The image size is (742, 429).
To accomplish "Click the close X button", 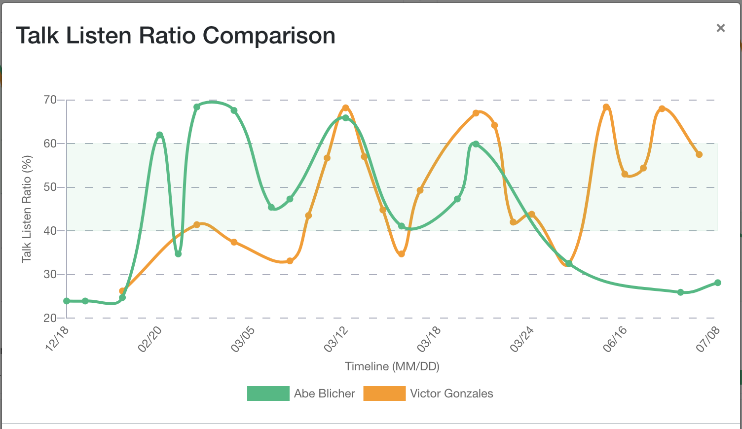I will [721, 28].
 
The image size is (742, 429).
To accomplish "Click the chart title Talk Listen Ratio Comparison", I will [176, 36].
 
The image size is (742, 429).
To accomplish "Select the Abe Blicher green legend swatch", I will [268, 393].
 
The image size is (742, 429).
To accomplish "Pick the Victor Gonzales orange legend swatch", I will [384, 393].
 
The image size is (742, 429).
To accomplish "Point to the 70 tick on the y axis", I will [50, 100].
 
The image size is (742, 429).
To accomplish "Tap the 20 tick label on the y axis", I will [50, 318].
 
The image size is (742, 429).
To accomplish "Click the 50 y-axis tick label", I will [50, 187].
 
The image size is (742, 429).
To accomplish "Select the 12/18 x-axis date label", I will [57, 339].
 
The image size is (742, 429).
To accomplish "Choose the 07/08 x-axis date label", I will [708, 339].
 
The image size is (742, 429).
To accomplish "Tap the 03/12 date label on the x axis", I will [336, 339].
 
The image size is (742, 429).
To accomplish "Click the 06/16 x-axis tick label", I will [615, 339].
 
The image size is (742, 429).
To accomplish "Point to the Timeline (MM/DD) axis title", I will [392, 366].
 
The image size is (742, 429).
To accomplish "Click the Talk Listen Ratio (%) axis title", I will [27, 209].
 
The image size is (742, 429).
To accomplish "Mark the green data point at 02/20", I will [159, 135].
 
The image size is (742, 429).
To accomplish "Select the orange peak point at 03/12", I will [345, 108].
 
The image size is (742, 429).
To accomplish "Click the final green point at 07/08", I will [718, 283].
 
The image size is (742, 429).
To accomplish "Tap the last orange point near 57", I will [699, 154].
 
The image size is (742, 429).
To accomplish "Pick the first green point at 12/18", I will [67, 301].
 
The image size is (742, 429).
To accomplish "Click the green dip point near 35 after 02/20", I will [178, 254].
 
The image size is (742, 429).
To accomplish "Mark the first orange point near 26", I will [122, 291].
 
